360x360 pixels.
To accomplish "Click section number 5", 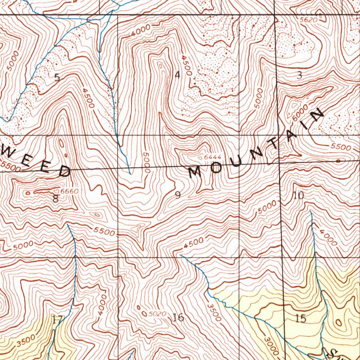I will click(57, 78).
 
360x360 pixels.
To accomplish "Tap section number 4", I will click(178, 75).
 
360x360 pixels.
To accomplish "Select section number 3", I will click(300, 75).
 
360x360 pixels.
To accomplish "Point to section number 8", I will click(55, 199).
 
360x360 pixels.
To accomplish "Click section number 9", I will click(178, 195).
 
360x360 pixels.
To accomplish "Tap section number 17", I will click(57, 320).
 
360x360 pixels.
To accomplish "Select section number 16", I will click(179, 317).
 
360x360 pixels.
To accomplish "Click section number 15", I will click(301, 319).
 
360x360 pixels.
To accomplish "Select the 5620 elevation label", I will click(308, 20).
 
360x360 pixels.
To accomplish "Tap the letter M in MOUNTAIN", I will click(194, 172).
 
